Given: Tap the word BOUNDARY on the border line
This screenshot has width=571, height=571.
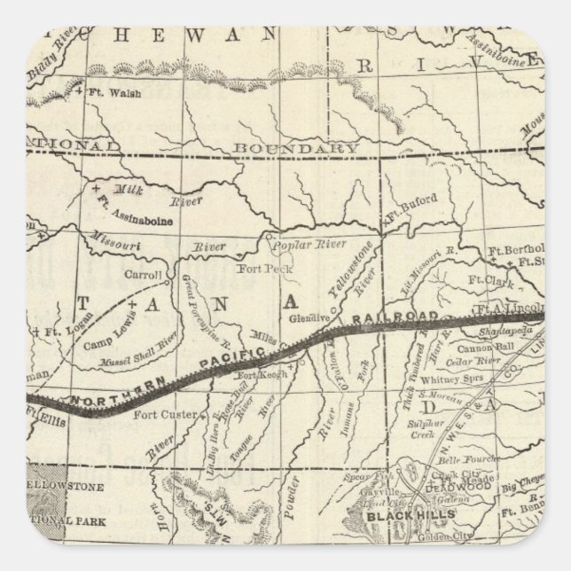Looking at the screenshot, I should coord(293,147).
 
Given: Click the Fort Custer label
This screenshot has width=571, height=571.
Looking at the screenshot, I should coord(158,413).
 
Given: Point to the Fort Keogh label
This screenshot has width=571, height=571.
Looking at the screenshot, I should coord(262,376).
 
